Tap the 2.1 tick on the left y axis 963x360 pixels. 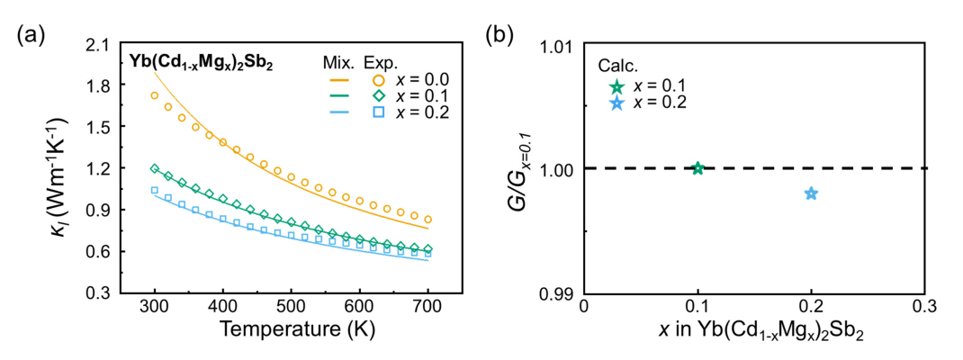(92, 43)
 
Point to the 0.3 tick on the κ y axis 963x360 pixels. (92, 293)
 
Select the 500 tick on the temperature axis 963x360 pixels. (291, 308)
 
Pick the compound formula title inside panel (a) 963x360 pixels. (184, 65)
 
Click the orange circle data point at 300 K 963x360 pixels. (154, 95)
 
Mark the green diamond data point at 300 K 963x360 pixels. (154, 168)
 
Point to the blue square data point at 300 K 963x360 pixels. (154, 190)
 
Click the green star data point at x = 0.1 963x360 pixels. (697, 168)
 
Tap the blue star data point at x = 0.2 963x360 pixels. (811, 193)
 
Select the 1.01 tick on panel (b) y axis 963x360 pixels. (554, 43)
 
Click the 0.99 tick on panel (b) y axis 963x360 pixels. (554, 293)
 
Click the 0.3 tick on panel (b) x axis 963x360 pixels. (925, 308)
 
